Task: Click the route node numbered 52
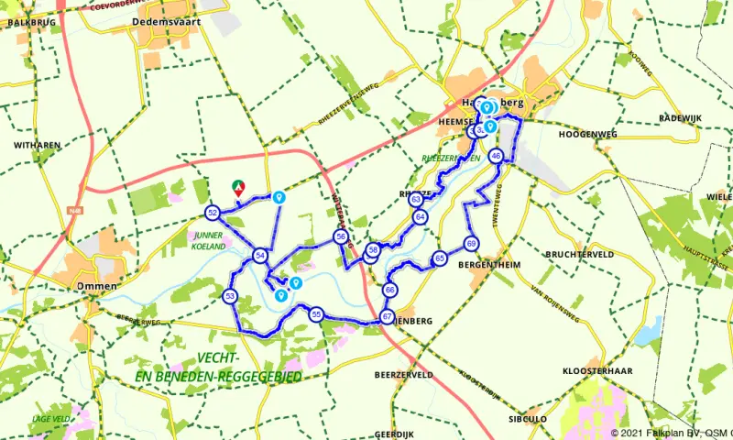pos(213,213)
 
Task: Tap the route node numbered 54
pos(261,256)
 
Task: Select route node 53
pos(230,295)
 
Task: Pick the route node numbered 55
pos(316,314)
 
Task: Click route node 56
pos(341,236)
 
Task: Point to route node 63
pos(416,199)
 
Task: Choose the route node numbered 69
pos(471,243)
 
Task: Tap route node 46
pos(496,156)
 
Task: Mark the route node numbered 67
pos(387,316)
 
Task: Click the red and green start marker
pos(239,188)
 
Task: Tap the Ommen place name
pos(97,286)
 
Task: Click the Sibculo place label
pos(528,418)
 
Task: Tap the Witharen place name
pos(37,145)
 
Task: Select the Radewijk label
pos(681,118)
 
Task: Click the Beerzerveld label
pos(403,375)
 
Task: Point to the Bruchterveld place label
pos(579,254)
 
